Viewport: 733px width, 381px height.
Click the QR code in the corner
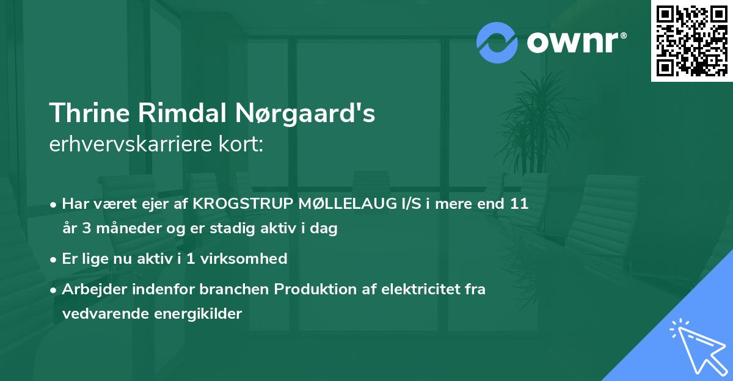692,40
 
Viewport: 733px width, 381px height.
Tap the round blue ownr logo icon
497,43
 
